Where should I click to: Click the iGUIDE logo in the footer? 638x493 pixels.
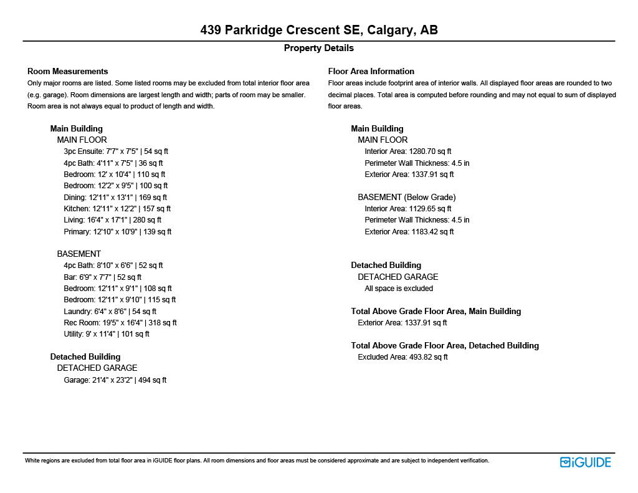585,462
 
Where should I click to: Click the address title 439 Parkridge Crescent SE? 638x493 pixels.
318,30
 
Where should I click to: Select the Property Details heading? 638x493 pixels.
318,48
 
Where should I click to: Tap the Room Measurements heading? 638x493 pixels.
67,71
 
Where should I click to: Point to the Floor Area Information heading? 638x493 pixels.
371,71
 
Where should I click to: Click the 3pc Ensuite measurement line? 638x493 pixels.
116,151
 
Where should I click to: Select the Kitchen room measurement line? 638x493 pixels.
117,209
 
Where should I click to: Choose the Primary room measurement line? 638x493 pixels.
117,232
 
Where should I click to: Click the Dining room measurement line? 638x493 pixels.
115,198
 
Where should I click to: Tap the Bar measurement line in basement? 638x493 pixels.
102,277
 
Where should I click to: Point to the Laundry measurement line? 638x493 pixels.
110,311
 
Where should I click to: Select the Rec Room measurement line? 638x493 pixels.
120,323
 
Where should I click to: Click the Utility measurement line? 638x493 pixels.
106,334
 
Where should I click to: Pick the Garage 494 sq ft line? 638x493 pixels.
115,380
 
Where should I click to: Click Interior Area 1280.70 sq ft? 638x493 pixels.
407,151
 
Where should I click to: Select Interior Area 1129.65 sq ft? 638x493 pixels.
407,209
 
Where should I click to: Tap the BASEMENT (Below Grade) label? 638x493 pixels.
406,197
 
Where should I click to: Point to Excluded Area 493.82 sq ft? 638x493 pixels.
402,357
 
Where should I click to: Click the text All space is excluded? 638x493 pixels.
398,289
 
